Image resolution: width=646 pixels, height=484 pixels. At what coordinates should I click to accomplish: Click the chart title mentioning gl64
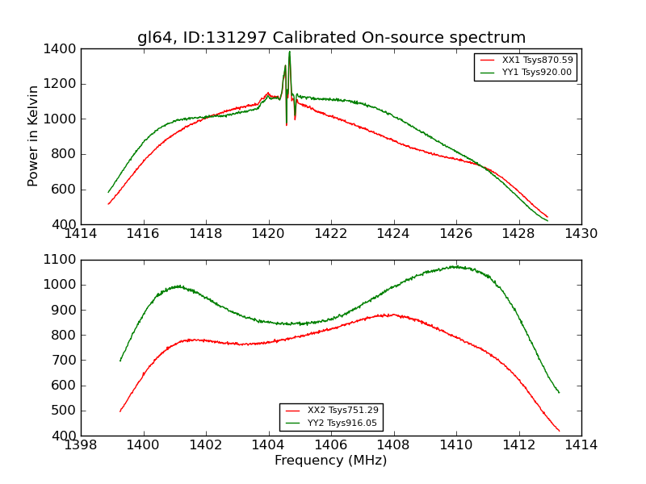(x=331, y=38)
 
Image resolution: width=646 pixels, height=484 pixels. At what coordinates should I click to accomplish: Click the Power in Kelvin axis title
(x=34, y=136)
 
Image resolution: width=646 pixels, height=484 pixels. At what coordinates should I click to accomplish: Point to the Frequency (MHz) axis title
(x=331, y=461)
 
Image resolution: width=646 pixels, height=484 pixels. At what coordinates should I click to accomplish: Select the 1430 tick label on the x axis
(x=581, y=234)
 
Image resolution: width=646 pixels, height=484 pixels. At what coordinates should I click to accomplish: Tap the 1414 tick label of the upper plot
(x=82, y=234)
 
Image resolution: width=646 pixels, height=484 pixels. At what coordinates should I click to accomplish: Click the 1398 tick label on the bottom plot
(x=82, y=445)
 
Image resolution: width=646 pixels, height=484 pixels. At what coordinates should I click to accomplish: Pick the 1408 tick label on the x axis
(x=393, y=445)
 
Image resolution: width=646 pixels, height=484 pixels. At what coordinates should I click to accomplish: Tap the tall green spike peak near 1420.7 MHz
(x=289, y=52)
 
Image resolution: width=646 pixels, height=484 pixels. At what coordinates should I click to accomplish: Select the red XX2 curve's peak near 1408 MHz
(x=392, y=315)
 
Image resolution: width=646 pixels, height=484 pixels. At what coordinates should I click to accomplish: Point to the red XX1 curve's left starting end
(x=109, y=203)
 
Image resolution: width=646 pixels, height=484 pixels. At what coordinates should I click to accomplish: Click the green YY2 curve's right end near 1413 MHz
(x=559, y=393)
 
